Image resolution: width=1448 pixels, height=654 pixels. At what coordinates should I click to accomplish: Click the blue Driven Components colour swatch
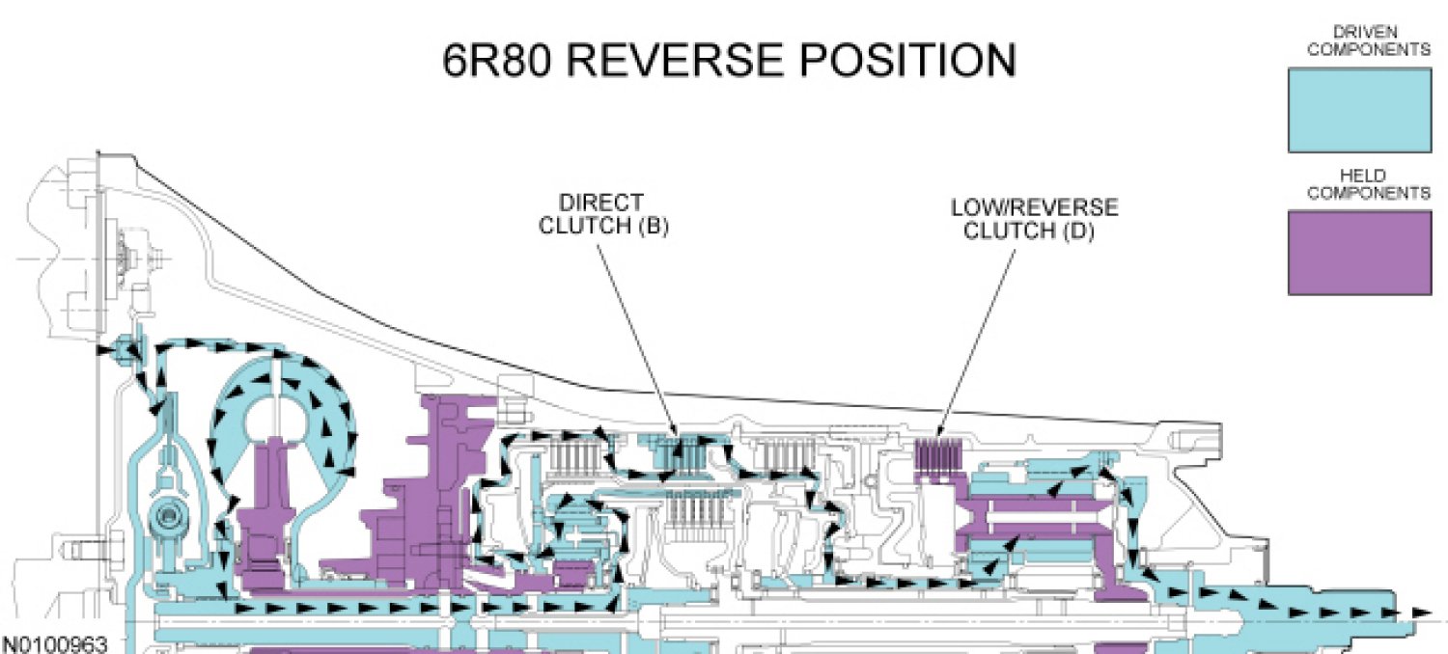coord(1358,109)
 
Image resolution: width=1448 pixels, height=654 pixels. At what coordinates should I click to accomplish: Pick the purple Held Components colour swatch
coord(1358,252)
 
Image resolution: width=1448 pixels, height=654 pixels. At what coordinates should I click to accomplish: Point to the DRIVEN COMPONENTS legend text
coord(1358,41)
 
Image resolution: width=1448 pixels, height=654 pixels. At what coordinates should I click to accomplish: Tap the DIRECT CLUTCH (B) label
coord(603,214)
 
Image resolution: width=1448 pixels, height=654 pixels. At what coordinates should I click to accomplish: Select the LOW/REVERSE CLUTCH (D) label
coord(1034,219)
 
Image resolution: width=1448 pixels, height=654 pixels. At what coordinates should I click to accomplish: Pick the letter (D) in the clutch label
coord(1079,232)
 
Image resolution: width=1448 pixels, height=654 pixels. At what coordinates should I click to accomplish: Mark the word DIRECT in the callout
coord(599,203)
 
